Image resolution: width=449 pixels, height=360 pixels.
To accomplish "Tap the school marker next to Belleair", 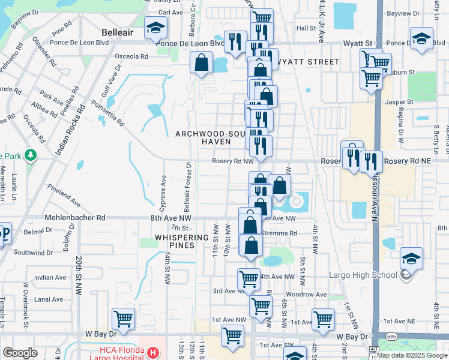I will click(x=155, y=28).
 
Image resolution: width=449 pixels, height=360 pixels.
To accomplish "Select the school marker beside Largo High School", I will click(x=412, y=258).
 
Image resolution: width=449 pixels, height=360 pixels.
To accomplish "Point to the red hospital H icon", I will click(x=154, y=352).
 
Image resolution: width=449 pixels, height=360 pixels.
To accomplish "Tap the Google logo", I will click(x=20, y=353).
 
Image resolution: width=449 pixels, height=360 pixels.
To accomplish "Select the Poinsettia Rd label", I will click(x=107, y=112).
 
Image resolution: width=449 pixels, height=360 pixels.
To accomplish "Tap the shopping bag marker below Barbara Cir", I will click(x=202, y=62).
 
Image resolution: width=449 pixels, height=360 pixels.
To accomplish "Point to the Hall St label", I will click(x=306, y=28).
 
